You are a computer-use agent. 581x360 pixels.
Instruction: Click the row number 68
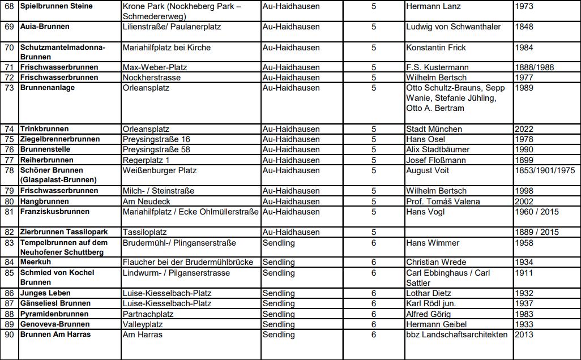click(x=9, y=6)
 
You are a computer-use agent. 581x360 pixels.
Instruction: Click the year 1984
click(x=524, y=48)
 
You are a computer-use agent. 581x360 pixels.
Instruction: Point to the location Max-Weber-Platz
click(x=155, y=67)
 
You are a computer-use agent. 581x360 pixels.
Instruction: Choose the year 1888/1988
click(x=535, y=67)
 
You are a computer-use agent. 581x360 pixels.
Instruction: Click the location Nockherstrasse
click(x=152, y=78)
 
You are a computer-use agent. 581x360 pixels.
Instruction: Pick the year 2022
click(x=524, y=129)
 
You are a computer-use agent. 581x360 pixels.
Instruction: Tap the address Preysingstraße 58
click(x=156, y=149)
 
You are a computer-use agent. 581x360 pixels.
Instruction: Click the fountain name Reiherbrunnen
click(x=46, y=160)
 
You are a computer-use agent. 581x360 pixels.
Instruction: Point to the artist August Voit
click(x=428, y=170)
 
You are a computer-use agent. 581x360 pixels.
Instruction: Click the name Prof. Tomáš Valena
click(x=443, y=202)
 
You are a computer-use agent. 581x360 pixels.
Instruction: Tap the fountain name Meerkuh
click(x=36, y=262)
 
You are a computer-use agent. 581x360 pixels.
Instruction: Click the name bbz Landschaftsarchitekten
click(x=457, y=335)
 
